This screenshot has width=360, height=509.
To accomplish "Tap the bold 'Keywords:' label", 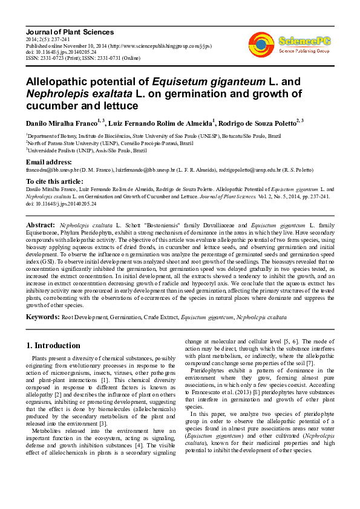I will [x=42, y=316].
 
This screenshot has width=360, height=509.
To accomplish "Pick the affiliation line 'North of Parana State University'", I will [x=110, y=144].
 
